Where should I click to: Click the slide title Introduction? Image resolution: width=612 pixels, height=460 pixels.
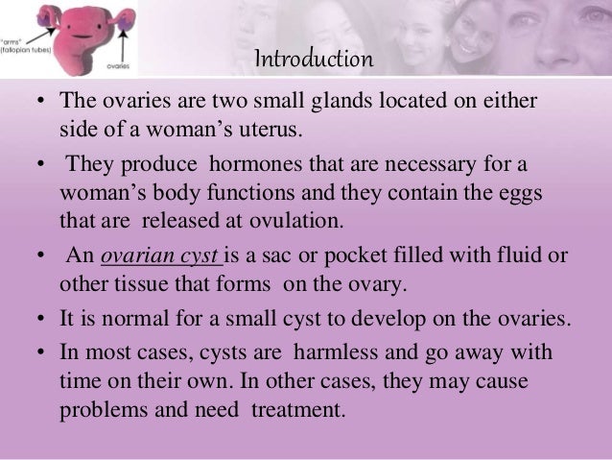click(313, 61)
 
